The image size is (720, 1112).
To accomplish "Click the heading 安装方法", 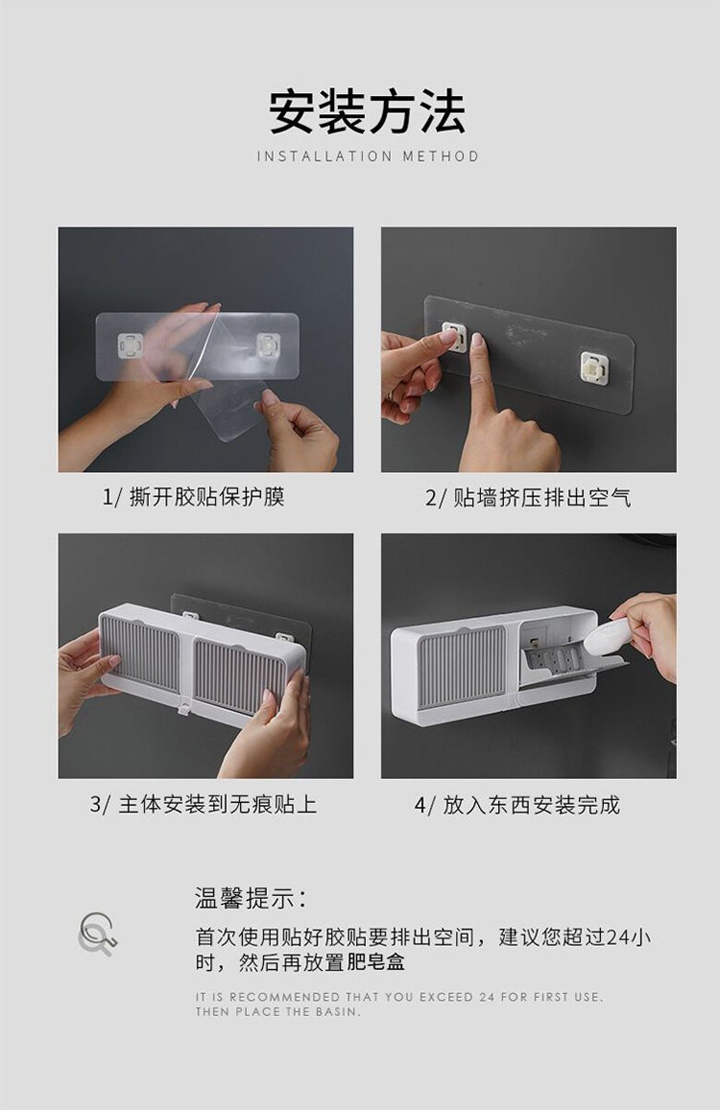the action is [x=367, y=111].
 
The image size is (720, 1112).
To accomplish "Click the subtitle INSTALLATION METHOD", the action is [x=368, y=156].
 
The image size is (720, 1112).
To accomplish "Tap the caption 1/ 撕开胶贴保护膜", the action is [x=193, y=496].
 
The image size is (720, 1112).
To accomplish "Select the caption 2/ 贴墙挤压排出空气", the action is [x=528, y=498].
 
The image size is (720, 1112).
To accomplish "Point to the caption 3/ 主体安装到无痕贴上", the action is [x=203, y=805].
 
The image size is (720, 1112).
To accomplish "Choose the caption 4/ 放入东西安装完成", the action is [x=517, y=805].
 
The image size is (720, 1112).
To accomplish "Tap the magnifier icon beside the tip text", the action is [x=96, y=934].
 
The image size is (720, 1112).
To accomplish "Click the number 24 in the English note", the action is [x=486, y=997].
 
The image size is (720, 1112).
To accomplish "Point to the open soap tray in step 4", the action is [x=567, y=662].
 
